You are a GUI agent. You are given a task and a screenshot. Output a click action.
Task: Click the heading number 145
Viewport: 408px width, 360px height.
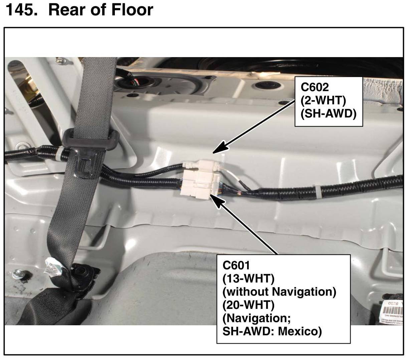coord(21,10)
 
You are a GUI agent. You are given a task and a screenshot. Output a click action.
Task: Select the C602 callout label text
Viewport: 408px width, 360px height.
coord(315,87)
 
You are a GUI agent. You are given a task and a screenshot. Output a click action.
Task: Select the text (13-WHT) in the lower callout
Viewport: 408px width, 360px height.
coord(248,278)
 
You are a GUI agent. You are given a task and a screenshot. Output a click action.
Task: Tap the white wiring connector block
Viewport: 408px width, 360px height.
coord(200,179)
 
